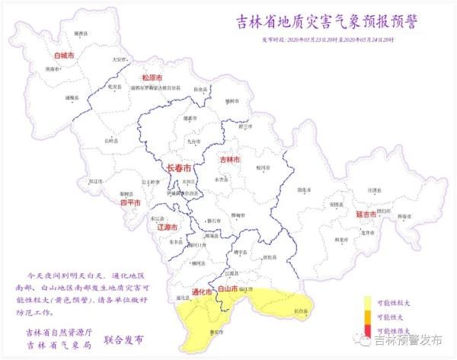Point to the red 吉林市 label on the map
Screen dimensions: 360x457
(x=229, y=160)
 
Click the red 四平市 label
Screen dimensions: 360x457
(x=132, y=203)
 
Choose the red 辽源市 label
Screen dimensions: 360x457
(x=166, y=227)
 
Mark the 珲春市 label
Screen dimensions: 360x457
(x=404, y=216)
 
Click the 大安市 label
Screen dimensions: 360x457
(x=119, y=59)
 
